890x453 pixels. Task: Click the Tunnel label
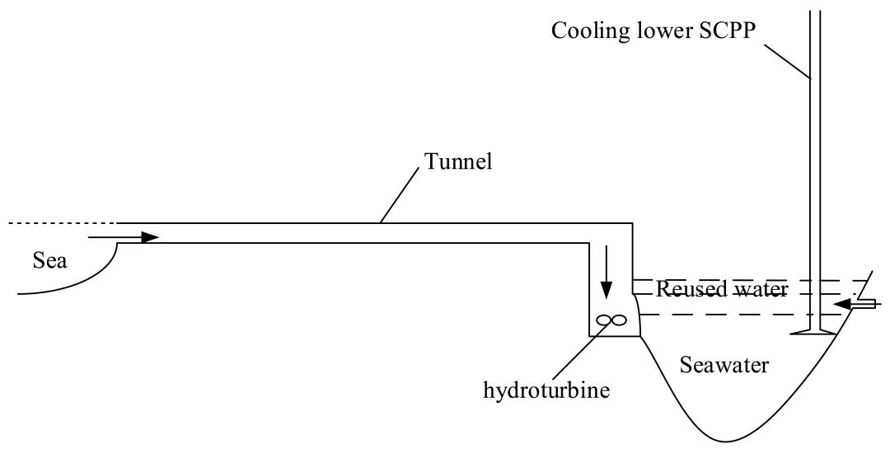click(x=458, y=161)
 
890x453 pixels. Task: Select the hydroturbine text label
click(x=547, y=389)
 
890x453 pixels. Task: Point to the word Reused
click(x=689, y=289)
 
